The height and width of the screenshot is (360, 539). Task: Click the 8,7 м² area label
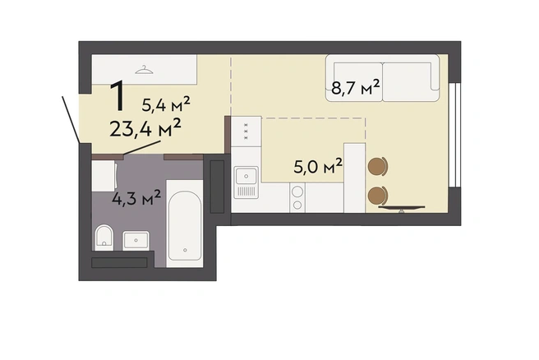pos(356,87)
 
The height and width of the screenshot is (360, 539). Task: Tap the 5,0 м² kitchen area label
pos(318,166)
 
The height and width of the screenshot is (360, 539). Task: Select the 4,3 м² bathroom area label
pos(136,197)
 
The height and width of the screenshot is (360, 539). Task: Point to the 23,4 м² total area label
pos(145,128)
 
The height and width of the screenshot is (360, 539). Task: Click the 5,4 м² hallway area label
pos(166,104)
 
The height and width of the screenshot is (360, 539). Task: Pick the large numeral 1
pos(118,95)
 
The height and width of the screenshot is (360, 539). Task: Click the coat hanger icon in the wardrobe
pos(144,70)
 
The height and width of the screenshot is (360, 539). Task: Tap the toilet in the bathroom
pos(104,238)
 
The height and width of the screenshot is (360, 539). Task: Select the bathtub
pos(185,224)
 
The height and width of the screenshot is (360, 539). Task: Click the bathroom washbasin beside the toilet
pos(136,240)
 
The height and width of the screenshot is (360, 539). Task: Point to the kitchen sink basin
pos(246,176)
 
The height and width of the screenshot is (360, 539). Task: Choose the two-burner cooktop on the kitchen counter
pos(297,198)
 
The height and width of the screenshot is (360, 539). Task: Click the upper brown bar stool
pos(377,166)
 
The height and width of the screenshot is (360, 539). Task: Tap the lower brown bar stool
pos(377,196)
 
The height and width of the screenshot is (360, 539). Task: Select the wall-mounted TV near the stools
pos(402,208)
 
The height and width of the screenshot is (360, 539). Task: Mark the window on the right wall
pos(455,135)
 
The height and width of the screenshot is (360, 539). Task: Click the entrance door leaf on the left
pos(71,119)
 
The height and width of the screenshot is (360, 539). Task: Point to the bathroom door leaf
pos(142,148)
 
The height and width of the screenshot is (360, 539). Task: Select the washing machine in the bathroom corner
pos(104,176)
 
